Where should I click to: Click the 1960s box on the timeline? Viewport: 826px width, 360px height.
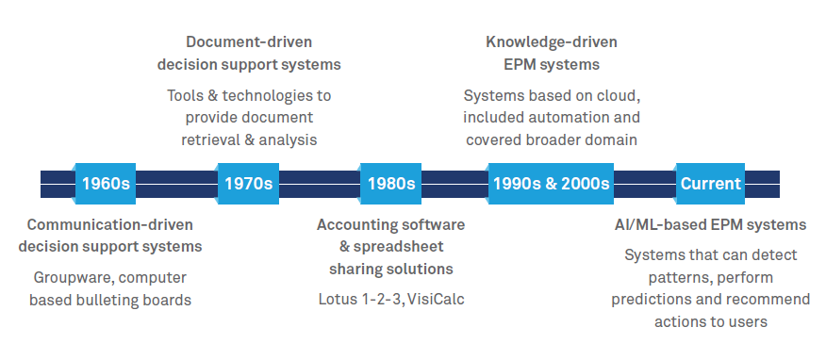pyautogui.click(x=106, y=184)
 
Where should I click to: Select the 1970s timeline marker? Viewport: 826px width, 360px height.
pyautogui.click(x=248, y=184)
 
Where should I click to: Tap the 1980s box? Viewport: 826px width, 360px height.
pyautogui.click(x=391, y=184)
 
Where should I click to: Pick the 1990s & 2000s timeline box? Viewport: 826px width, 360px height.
pyautogui.click(x=551, y=184)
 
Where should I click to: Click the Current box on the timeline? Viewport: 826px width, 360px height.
pyautogui.click(x=710, y=184)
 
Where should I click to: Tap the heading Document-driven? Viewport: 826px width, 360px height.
pyautogui.click(x=249, y=41)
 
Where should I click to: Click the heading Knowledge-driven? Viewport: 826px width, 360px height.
pyautogui.click(x=552, y=41)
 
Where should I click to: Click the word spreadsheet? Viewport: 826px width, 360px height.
pyautogui.click(x=399, y=247)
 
